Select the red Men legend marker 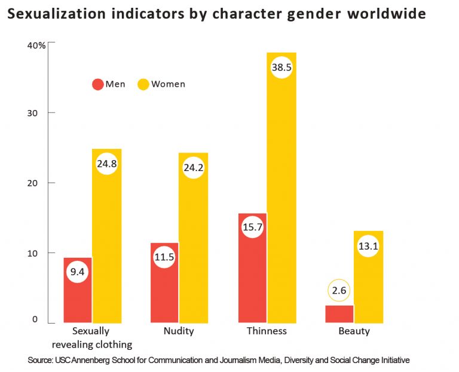tap(97, 84)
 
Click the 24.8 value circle tap(106, 162)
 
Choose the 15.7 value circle tap(252, 227)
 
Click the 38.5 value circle tap(281, 68)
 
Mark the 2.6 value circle tap(339, 291)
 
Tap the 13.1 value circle tap(368, 246)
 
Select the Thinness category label tap(267, 331)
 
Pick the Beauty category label tap(354, 331)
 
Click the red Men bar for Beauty tap(339, 314)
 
